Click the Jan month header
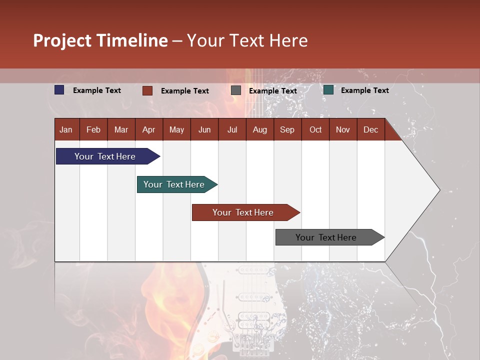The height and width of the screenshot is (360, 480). click(66, 129)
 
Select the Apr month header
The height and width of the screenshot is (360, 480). click(149, 129)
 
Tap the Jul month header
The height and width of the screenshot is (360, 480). click(232, 129)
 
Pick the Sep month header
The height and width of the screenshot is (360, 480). click(287, 129)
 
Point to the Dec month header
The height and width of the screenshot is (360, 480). click(370, 129)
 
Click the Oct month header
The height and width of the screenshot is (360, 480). click(315, 129)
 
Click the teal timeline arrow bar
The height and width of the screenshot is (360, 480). click(175, 184)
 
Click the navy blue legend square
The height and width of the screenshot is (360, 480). click(59, 90)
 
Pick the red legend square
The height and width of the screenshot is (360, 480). click(147, 90)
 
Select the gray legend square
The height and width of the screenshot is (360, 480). click(236, 90)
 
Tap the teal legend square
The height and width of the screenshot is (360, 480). click(328, 90)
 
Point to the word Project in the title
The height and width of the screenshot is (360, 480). click(62, 40)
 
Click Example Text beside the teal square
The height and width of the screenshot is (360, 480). click(364, 90)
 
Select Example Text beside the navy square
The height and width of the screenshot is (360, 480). click(97, 90)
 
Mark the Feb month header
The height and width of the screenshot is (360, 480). click(93, 129)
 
